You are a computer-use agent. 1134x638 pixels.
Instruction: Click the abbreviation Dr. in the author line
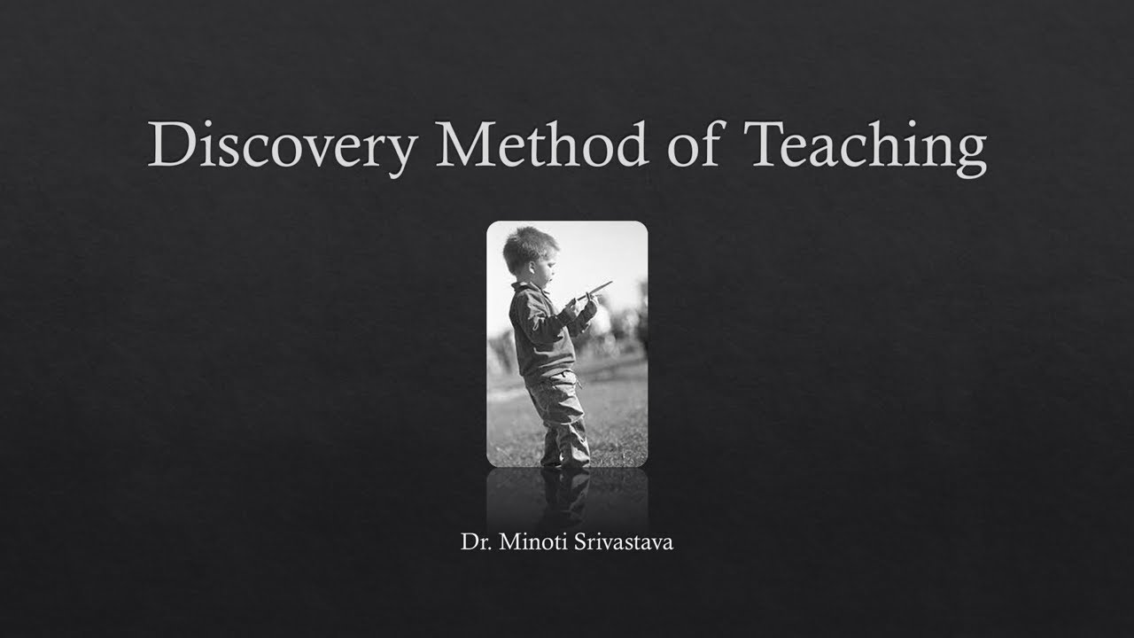point(476,541)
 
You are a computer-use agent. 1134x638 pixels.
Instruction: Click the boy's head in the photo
point(530,251)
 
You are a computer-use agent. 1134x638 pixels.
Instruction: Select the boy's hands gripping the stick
point(581,306)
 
